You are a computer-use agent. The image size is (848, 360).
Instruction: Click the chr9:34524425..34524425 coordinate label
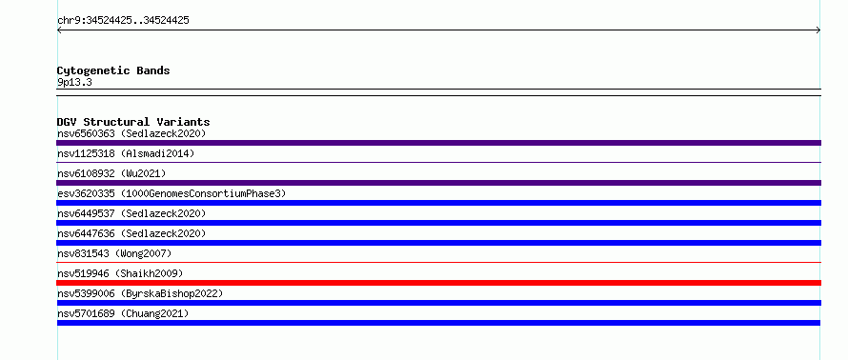pos(123,21)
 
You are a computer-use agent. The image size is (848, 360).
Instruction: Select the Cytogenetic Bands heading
pos(113,70)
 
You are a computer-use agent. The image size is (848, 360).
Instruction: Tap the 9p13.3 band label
pos(74,83)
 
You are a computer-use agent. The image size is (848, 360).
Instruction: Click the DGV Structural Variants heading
pos(133,122)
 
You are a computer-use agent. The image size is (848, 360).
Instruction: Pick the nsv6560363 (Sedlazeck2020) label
pos(131,133)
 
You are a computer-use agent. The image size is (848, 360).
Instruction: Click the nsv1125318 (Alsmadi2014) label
pos(126,153)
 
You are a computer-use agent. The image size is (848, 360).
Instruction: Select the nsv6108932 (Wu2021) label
pos(111,173)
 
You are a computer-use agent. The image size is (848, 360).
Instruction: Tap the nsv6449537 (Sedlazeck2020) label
pos(131,213)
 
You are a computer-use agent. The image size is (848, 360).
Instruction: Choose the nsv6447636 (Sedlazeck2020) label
pos(131,233)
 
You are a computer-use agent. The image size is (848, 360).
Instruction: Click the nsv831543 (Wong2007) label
pos(114,253)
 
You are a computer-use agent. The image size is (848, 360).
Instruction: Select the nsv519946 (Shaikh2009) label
pos(120,273)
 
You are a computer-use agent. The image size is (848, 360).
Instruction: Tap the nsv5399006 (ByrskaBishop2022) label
pos(140,293)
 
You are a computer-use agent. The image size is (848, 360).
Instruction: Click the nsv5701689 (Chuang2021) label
pos(123,313)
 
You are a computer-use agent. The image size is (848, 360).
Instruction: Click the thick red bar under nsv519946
pos(438,283)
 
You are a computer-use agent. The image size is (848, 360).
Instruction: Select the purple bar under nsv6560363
pos(438,143)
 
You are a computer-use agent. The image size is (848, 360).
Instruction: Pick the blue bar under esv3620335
pos(438,203)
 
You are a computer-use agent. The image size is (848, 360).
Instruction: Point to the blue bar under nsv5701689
pos(438,323)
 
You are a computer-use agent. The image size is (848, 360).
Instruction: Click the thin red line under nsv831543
pos(438,263)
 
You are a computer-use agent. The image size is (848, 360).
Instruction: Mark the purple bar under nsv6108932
pos(438,183)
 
